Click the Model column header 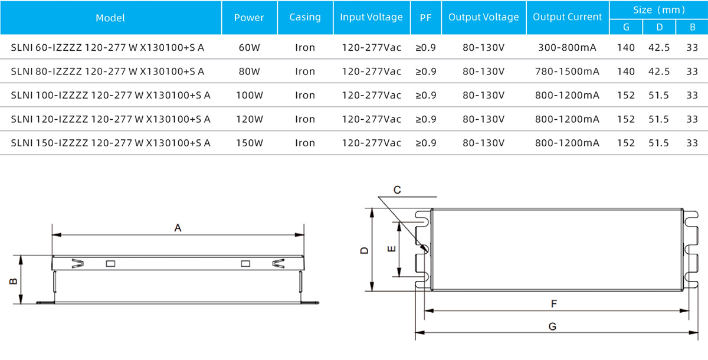click(110, 18)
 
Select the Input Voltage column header click(371, 17)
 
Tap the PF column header click(425, 18)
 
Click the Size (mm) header click(659, 9)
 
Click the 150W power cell click(250, 143)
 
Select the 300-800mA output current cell click(568, 47)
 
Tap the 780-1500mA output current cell click(568, 71)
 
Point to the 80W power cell click(250, 71)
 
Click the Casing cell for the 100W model click(305, 95)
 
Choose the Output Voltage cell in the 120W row click(484, 119)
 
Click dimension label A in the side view click(178, 227)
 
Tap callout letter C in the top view click(397, 189)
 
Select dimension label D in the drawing click(365, 250)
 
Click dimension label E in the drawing click(391, 250)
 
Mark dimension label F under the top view click(554, 303)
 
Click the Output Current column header click(568, 17)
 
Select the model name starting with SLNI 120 click(111, 119)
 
